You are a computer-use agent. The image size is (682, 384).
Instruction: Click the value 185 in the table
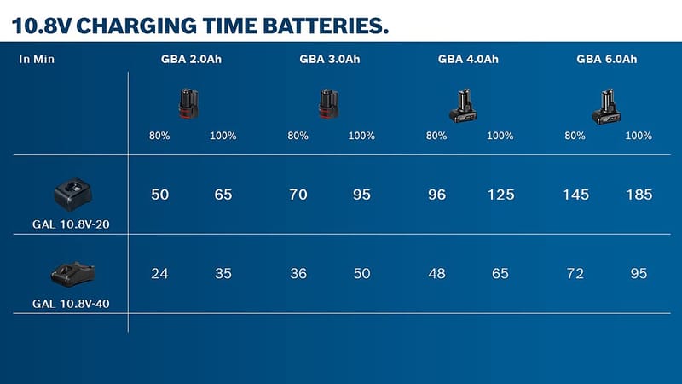pyautogui.click(x=638, y=195)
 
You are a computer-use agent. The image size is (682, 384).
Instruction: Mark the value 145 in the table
pyautogui.click(x=575, y=195)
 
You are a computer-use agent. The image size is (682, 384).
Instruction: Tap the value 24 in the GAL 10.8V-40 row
pyautogui.click(x=160, y=274)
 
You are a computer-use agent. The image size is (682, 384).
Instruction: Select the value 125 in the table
pyautogui.click(x=500, y=195)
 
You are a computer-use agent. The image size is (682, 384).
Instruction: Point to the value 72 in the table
pyautogui.click(x=575, y=274)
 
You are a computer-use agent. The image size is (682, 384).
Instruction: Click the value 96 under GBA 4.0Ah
pyautogui.click(x=436, y=195)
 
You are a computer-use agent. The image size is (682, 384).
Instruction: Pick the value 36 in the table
pyautogui.click(x=298, y=274)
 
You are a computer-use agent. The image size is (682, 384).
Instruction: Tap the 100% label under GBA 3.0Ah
pyautogui.click(x=361, y=136)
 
